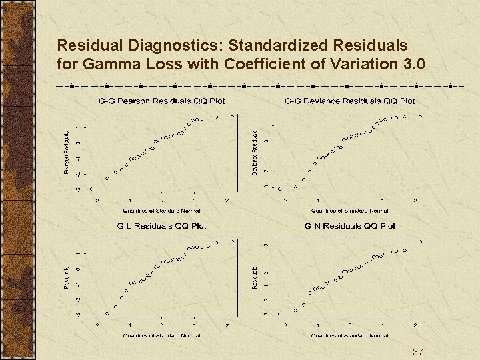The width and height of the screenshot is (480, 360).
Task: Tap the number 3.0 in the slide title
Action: (413, 65)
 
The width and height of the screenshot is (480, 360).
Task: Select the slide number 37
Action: (418, 351)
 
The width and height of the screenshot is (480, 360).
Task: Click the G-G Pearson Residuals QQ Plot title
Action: (161, 101)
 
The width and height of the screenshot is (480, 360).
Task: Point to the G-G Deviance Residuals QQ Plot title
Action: (349, 101)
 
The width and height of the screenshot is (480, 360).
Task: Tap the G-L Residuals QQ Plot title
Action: (161, 226)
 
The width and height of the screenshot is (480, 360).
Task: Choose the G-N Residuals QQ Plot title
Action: (349, 226)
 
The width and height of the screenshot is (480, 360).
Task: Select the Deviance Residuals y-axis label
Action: (255, 153)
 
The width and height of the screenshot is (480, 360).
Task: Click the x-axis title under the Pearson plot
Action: (161, 211)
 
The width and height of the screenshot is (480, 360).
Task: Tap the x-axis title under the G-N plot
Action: (349, 335)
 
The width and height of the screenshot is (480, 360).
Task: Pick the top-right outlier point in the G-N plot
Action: (420, 241)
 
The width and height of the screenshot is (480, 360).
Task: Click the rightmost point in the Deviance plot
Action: (420, 116)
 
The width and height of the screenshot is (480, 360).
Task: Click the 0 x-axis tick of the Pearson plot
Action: (161, 200)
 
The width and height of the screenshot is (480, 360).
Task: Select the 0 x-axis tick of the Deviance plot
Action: (349, 200)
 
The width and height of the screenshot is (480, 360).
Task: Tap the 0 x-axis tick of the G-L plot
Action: (161, 325)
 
